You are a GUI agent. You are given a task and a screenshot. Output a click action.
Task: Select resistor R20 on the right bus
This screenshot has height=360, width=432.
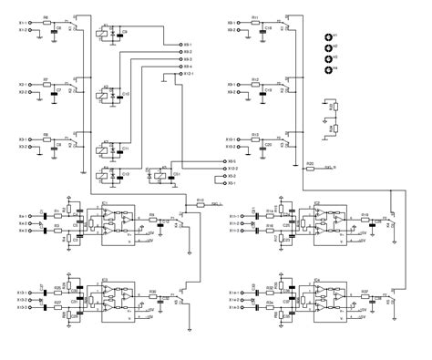click(310, 168)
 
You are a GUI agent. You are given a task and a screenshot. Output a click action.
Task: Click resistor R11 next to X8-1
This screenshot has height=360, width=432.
click(255, 21)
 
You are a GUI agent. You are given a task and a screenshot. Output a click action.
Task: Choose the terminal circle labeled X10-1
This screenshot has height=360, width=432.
click(242, 140)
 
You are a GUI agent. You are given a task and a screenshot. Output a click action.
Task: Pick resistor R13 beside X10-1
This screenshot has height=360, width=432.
click(255, 140)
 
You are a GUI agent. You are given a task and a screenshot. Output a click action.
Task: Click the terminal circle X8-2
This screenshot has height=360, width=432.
click(242, 30)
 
